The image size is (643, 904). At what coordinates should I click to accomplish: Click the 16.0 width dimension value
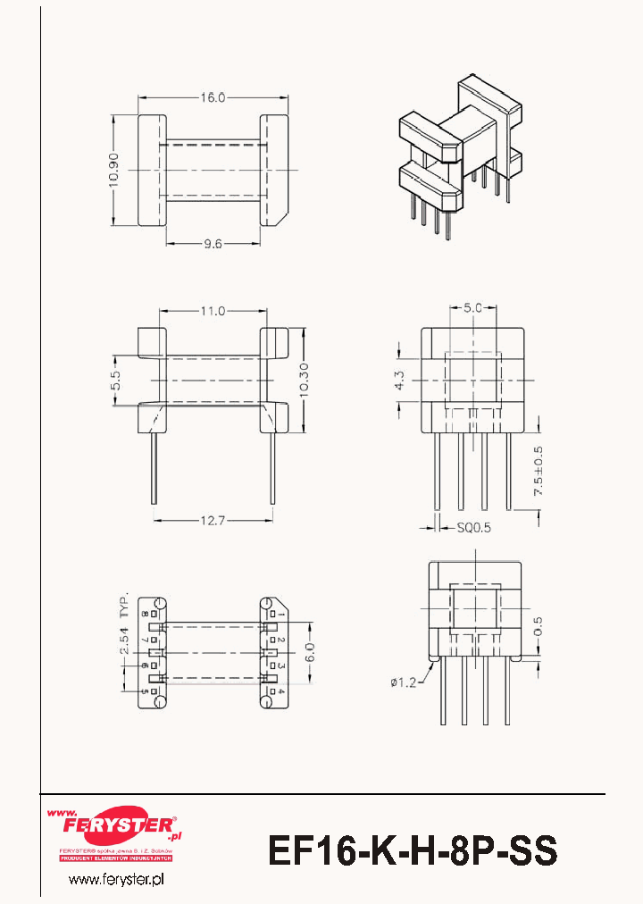click(212, 97)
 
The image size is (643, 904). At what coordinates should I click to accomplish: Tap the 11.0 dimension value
click(212, 311)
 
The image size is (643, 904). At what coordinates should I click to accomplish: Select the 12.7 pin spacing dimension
click(212, 519)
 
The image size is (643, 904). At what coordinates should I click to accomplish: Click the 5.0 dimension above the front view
click(473, 308)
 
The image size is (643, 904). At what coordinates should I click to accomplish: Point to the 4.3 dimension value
click(399, 380)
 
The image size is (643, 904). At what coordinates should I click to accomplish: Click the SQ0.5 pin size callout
click(473, 528)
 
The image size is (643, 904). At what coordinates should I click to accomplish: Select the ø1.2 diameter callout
click(404, 683)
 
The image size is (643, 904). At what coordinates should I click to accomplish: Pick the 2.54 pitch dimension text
click(126, 645)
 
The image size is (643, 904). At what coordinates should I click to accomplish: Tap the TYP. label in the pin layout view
click(125, 604)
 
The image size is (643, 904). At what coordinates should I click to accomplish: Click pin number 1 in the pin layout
click(280, 615)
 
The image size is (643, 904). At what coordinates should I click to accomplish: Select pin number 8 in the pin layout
click(144, 615)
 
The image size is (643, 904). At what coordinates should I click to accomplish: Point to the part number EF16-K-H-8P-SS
click(413, 850)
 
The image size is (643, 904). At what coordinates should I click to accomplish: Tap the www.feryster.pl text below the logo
click(116, 881)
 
